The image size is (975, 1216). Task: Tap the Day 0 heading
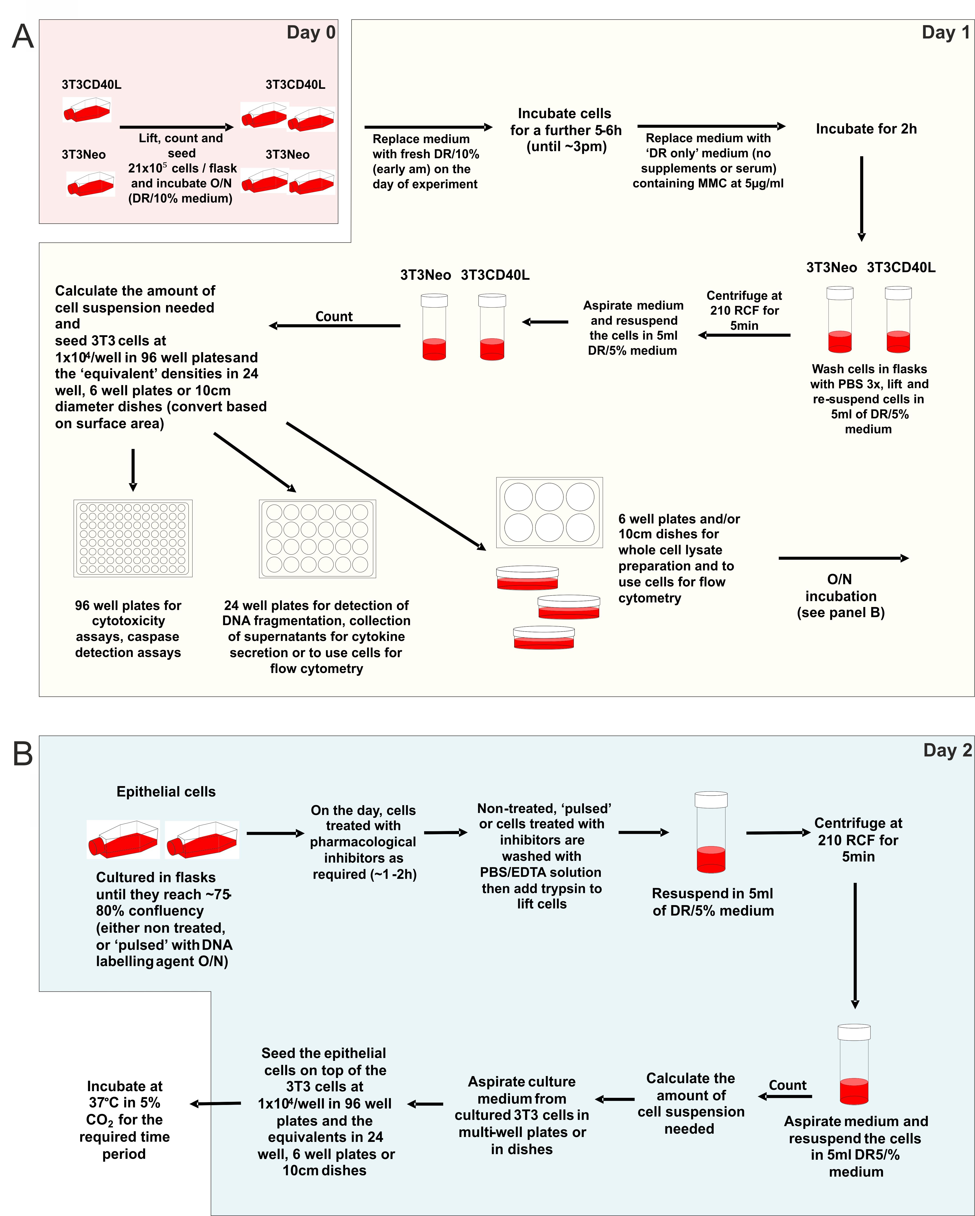(x=311, y=32)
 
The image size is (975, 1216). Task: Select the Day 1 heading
(x=946, y=32)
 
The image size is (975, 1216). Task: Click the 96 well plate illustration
(x=133, y=539)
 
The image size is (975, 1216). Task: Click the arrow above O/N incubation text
(x=843, y=558)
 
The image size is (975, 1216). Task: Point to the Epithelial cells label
(x=166, y=792)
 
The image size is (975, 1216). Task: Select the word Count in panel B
(x=788, y=1085)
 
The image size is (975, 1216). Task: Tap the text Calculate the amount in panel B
(x=691, y=1087)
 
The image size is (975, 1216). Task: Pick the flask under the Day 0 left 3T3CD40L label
(x=87, y=110)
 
